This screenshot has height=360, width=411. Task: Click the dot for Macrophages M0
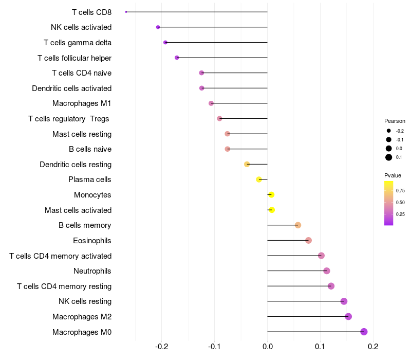(364, 332)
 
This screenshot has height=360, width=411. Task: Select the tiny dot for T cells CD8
(126, 12)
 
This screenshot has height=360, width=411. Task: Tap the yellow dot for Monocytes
(272, 195)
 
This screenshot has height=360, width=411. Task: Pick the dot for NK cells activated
(158, 27)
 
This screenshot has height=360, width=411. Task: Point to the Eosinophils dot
(309, 240)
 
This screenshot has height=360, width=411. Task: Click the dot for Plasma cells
(259, 179)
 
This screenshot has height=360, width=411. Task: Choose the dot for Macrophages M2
(348, 316)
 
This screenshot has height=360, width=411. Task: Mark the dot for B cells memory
(298, 225)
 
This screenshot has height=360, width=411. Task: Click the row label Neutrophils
(92, 271)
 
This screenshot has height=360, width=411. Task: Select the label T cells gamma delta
(78, 43)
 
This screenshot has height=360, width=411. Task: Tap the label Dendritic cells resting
(76, 165)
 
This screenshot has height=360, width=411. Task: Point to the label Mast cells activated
(78, 210)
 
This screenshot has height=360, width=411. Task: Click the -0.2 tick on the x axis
(161, 347)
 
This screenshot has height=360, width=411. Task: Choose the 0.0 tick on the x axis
(267, 347)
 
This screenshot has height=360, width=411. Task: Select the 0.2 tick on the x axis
(373, 347)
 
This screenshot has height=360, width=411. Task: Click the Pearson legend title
(395, 121)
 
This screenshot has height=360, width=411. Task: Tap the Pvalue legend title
(393, 175)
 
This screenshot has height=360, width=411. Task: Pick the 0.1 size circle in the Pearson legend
(389, 157)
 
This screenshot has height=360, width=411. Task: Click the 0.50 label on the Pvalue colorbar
(400, 202)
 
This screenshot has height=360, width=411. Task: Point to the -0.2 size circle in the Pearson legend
(389, 131)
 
